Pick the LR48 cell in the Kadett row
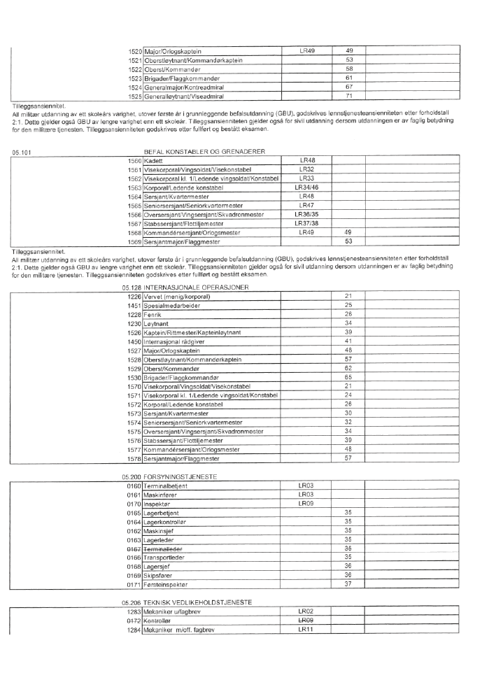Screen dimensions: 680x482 tap(306, 161)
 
